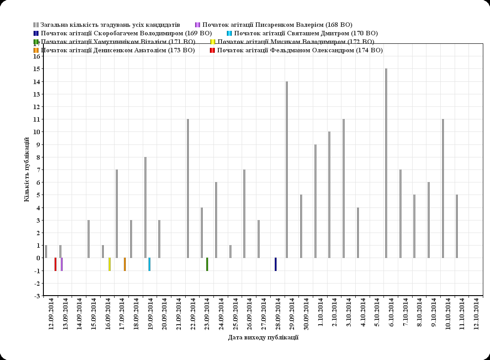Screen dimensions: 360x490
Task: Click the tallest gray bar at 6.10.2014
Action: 386,163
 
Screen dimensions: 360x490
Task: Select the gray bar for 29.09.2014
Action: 287,170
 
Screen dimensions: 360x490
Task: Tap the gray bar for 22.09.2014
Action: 188,188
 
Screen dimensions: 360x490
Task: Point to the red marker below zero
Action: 55,264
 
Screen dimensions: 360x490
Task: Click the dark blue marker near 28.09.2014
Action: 276,264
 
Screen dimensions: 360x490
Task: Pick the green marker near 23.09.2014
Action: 207,264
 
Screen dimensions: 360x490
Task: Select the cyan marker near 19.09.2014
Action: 149,264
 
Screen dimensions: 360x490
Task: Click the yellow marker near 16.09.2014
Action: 110,264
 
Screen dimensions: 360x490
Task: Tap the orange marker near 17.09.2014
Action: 125,264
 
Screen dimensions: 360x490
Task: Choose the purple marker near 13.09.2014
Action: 62,264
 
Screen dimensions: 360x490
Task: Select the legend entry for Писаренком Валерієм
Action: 277,25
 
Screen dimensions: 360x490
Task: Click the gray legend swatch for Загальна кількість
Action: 36,25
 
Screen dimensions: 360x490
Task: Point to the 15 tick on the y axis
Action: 37,69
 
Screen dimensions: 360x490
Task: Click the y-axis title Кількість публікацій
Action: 26,170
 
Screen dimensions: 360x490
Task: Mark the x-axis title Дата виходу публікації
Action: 263,338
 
